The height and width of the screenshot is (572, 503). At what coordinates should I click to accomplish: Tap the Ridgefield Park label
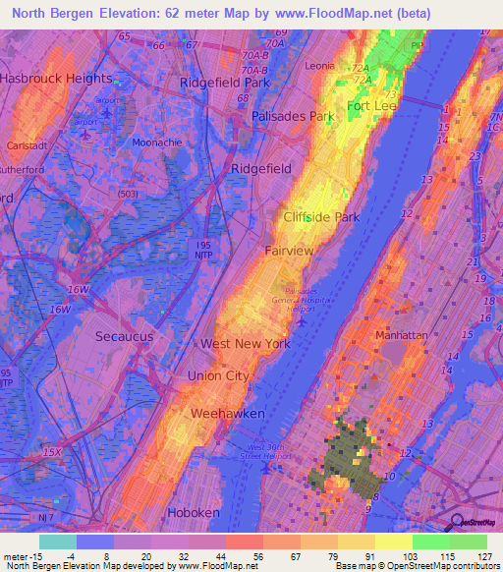coord(224,83)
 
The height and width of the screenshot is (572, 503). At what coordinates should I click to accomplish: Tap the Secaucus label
coord(126,336)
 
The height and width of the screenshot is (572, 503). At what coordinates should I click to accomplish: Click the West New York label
coord(246,344)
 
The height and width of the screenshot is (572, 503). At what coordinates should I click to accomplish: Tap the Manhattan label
coord(401,335)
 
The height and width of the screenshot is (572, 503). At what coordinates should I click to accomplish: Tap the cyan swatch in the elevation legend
coord(57,542)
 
